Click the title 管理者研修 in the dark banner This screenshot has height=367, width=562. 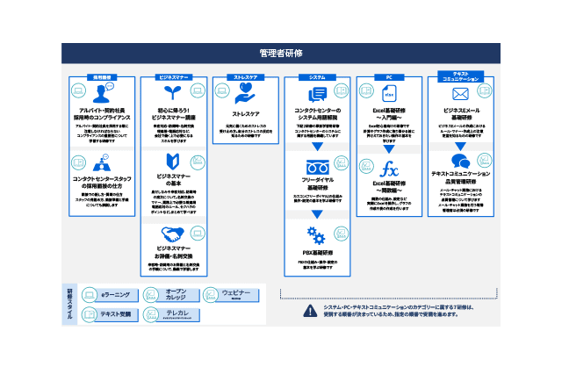tap(281, 53)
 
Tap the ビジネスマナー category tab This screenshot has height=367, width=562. tap(174, 77)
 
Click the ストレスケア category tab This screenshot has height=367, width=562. tap(245, 77)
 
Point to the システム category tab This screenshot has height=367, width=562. tap(317, 77)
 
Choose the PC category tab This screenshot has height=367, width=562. tap(388, 77)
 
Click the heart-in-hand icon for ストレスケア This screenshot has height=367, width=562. tap(246, 96)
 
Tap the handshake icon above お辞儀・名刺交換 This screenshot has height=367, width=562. tap(173, 234)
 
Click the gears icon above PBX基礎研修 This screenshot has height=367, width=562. tap(317, 234)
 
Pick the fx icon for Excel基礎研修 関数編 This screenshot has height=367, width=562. tap(388, 169)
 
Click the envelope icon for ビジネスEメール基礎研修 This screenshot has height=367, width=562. tap(460, 93)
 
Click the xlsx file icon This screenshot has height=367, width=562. tap(388, 93)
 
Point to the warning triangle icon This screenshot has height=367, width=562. tap(309, 310)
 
